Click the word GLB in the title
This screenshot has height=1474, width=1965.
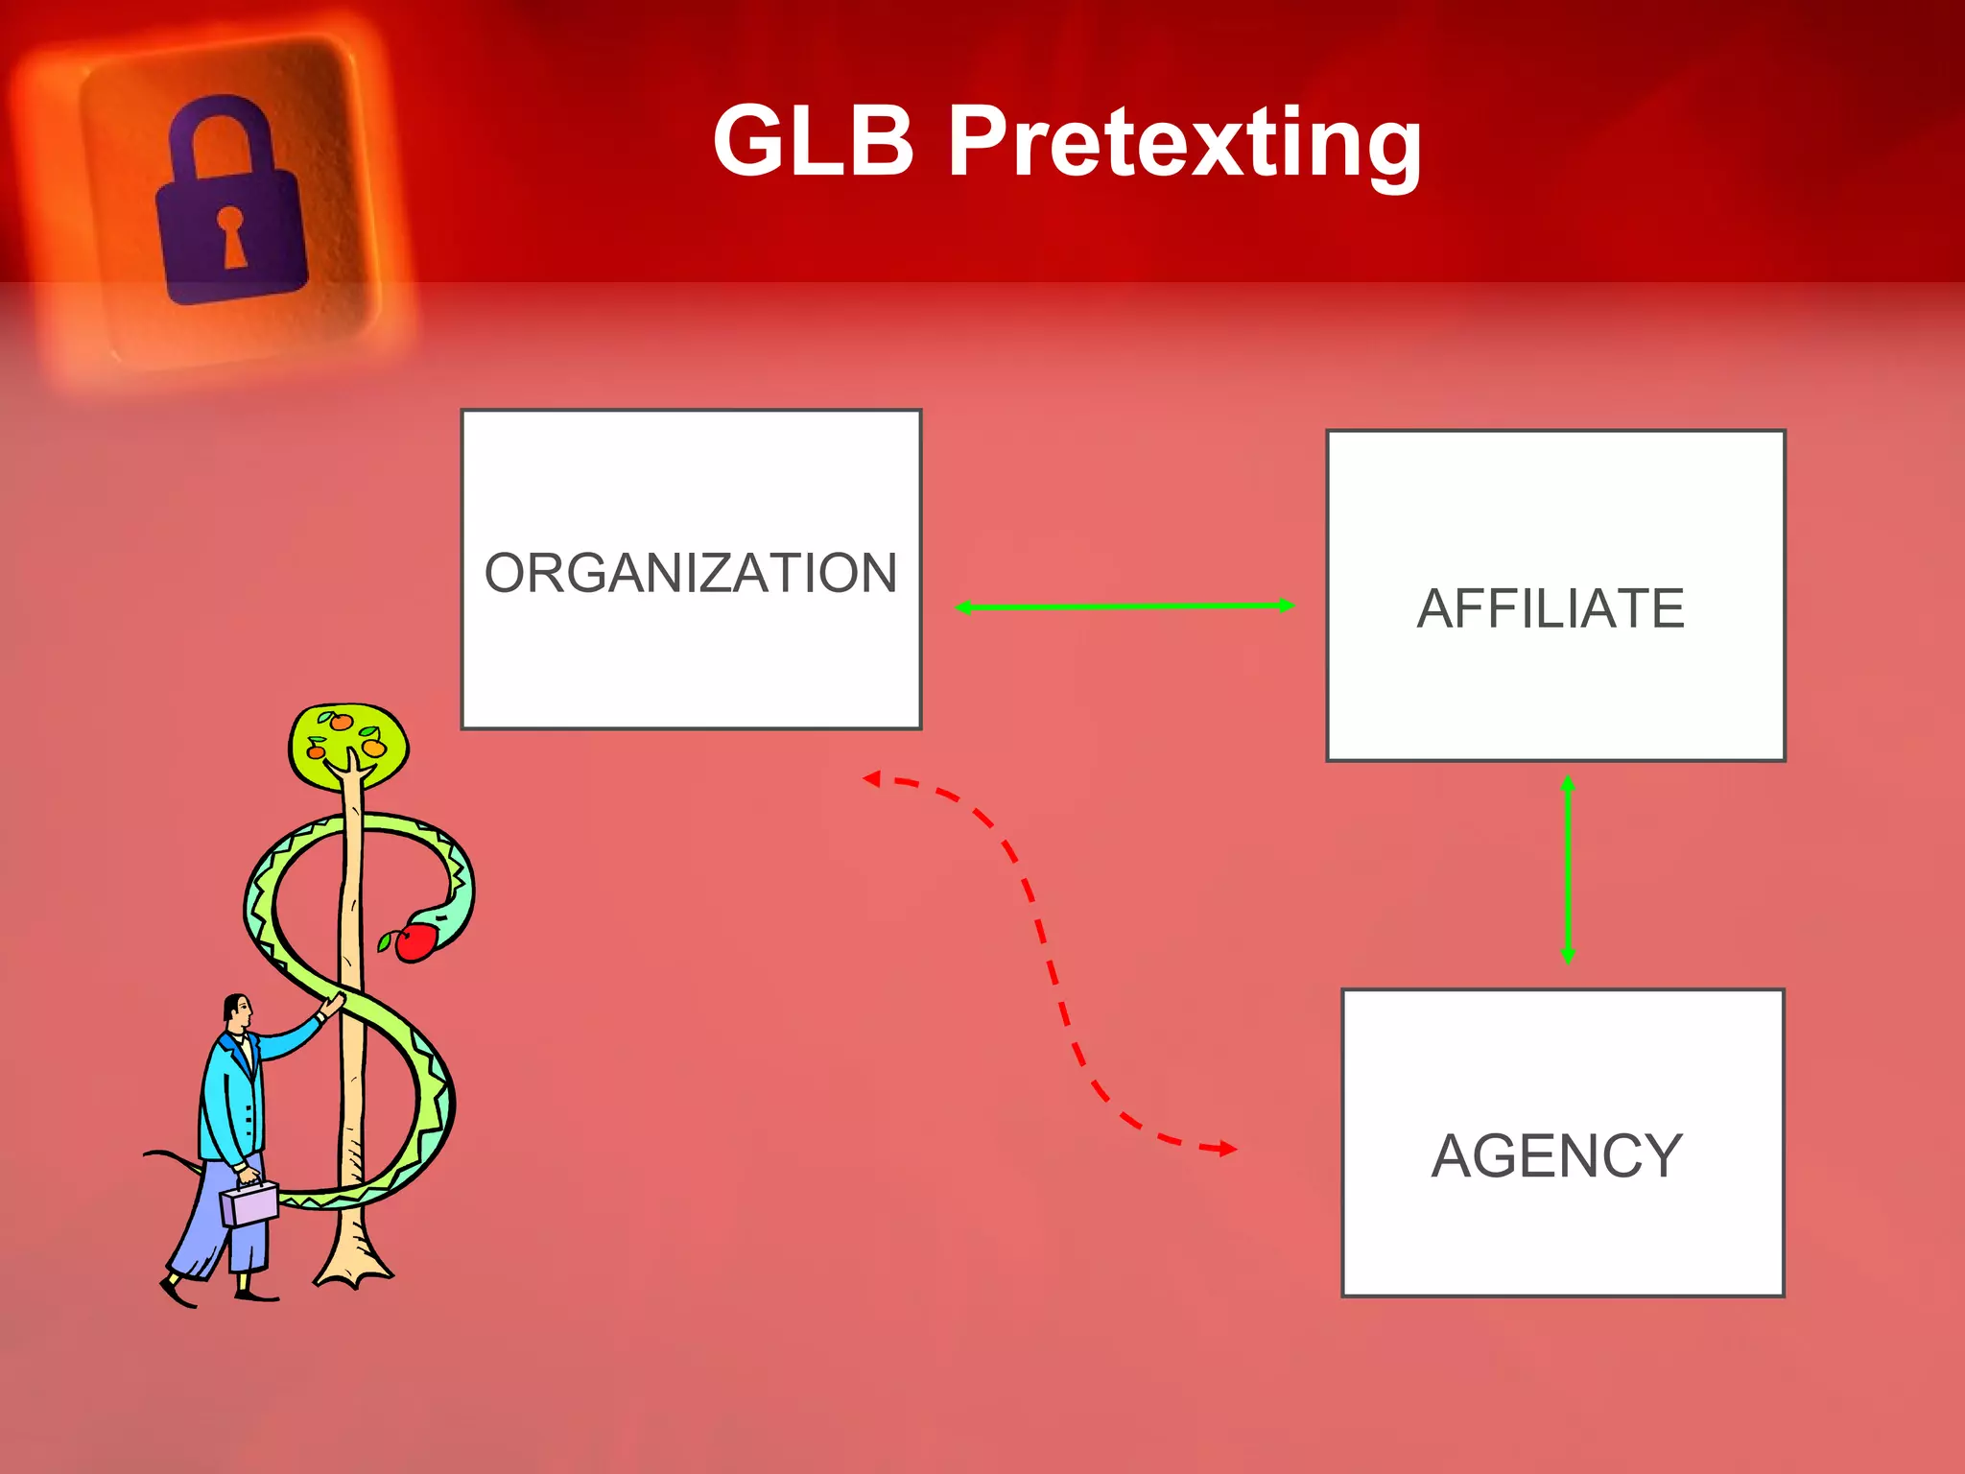[814, 142]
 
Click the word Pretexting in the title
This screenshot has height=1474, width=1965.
[1184, 144]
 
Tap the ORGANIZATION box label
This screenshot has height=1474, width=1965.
[691, 573]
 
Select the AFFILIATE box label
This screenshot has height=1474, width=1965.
[1551, 608]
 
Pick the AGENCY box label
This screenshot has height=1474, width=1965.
[1557, 1155]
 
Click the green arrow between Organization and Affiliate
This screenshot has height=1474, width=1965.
[1125, 606]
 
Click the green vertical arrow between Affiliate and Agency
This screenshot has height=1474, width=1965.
[1568, 869]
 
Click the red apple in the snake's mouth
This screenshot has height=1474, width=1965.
[415, 941]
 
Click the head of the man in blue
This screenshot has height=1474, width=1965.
[237, 1011]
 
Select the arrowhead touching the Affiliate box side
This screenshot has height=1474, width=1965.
[1287, 606]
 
